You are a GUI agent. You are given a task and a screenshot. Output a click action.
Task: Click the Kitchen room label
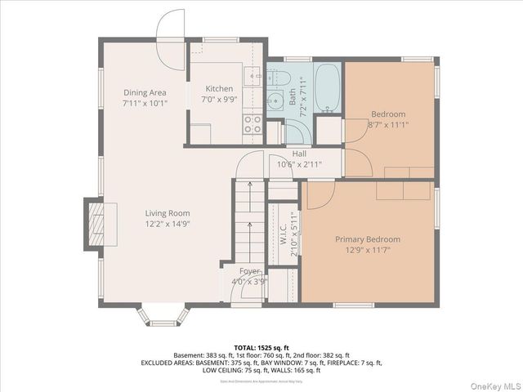tap(219, 89)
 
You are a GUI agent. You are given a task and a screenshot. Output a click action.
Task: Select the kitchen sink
tap(254, 78)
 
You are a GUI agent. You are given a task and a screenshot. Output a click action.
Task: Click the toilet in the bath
tap(275, 78)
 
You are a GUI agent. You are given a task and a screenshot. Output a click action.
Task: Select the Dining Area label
tap(145, 93)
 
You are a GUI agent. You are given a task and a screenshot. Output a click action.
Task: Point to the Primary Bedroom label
tap(368, 239)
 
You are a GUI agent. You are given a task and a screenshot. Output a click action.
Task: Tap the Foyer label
tap(249, 271)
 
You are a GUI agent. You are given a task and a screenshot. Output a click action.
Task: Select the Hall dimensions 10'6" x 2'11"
tap(299, 164)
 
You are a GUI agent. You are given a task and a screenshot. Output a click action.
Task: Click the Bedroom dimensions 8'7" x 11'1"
tap(389, 125)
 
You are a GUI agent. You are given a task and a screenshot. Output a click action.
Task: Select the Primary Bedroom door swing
tap(320, 194)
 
